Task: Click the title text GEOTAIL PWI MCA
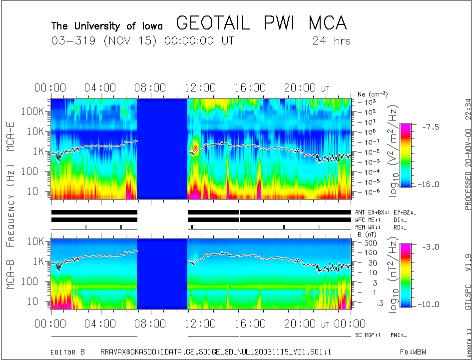261,23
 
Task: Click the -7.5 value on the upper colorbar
428,126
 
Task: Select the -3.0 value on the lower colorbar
428,246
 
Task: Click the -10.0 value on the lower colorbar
429,304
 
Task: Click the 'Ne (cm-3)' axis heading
373,94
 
